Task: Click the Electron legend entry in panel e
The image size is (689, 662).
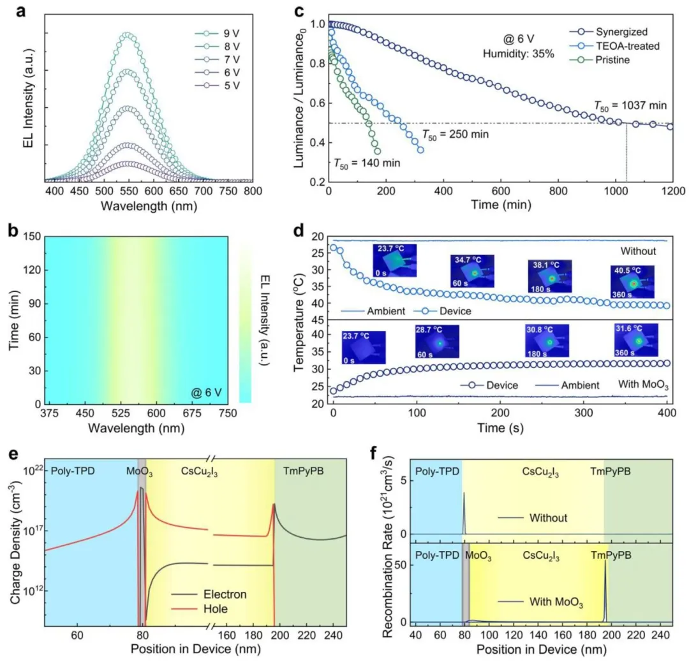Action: (x=223, y=594)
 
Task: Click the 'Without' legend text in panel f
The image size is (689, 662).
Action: (x=547, y=518)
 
